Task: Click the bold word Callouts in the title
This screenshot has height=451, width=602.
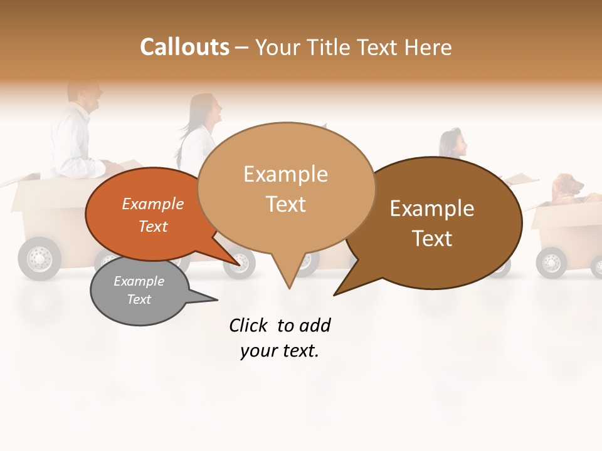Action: [x=184, y=47]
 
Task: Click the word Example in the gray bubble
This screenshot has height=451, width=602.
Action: [x=139, y=281]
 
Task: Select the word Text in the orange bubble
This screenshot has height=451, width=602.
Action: [x=153, y=226]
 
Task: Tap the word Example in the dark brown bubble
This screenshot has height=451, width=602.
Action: [x=432, y=209]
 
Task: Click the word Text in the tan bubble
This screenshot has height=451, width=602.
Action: [x=286, y=204]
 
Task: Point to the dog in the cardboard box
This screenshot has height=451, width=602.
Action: [x=568, y=188]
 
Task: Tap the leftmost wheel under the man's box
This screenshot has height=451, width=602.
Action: [x=39, y=258]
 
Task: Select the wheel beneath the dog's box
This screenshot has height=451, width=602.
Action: [x=551, y=262]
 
